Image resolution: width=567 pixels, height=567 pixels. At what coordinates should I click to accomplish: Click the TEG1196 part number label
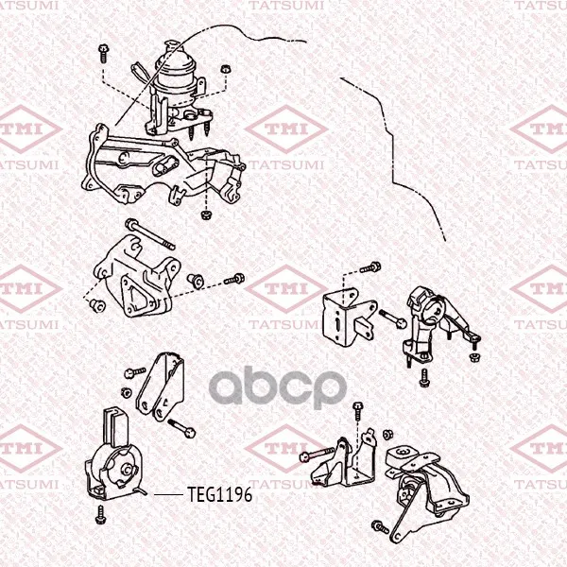point(219,494)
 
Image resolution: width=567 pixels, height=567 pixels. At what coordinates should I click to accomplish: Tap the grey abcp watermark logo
point(278,387)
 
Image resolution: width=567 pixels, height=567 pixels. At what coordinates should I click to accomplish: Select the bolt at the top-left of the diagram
point(103,54)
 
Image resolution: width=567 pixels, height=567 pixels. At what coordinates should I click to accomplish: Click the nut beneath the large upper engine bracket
point(206,215)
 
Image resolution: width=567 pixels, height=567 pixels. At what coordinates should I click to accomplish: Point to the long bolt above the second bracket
point(150,234)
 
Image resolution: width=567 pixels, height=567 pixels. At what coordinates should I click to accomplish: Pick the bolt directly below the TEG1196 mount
point(100,515)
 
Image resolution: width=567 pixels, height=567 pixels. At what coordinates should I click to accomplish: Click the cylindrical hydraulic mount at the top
point(176,81)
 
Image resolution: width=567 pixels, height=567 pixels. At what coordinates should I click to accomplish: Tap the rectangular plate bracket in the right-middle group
point(349,318)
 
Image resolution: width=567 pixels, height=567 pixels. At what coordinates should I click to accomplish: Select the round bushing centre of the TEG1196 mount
point(128,469)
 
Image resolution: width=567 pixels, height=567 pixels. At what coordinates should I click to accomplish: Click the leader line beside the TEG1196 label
point(168,494)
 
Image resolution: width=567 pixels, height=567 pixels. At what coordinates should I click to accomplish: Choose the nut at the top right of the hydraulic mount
point(226,69)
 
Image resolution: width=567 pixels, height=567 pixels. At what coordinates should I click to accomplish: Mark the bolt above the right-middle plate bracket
point(370,267)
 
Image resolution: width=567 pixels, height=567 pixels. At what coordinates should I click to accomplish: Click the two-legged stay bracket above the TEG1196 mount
point(162,386)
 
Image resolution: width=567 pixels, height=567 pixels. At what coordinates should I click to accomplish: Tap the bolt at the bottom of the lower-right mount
point(380,527)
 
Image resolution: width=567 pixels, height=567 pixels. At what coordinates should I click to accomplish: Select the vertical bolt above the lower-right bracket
point(357,411)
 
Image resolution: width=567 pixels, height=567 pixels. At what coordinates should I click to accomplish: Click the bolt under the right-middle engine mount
point(423,378)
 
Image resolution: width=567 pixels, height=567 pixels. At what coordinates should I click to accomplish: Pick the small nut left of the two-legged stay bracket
point(126,392)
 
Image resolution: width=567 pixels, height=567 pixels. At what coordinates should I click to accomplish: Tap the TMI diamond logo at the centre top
point(286,129)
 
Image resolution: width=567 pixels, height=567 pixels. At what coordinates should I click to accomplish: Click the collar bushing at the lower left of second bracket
point(97,305)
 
